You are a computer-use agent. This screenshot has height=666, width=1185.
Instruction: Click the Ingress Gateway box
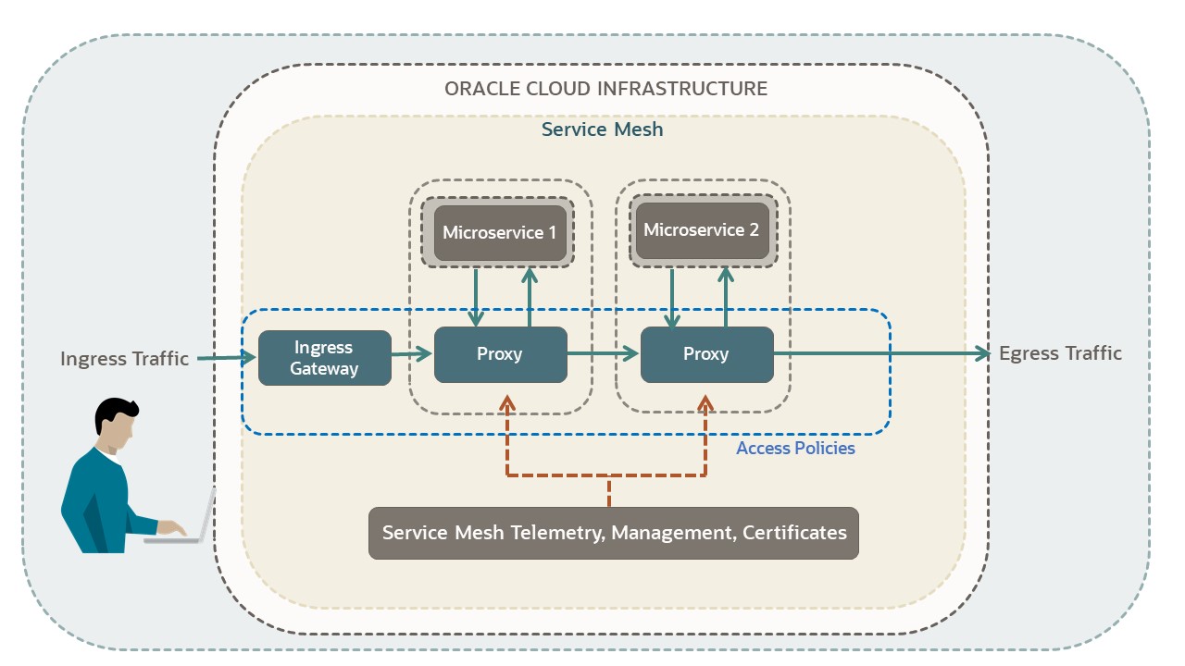[324, 358]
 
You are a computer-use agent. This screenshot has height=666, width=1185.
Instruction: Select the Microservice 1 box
[500, 232]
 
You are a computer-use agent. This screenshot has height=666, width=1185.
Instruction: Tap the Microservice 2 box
[702, 230]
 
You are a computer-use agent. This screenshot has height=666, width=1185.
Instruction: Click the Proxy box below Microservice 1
[500, 354]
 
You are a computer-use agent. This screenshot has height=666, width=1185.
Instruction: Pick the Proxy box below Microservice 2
[706, 354]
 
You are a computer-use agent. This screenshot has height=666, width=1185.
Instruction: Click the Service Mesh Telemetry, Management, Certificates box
[614, 533]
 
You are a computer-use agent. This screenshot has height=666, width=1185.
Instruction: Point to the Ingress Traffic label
[124, 358]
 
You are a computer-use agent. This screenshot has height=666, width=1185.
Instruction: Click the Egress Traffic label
[1060, 353]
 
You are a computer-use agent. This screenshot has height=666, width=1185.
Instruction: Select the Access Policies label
[795, 449]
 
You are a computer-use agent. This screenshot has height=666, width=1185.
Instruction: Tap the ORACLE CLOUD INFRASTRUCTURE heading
[605, 89]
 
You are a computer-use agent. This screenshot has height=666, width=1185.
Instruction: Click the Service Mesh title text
[602, 129]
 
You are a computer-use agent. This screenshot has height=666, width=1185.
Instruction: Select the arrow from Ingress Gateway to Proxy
[412, 353]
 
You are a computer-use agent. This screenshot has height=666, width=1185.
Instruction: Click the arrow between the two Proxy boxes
[604, 353]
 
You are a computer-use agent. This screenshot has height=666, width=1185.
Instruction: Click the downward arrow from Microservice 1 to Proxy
[476, 297]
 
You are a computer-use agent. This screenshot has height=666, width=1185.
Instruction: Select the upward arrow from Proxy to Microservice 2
[727, 296]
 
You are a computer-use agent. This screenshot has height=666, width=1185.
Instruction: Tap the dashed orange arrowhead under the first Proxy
[506, 402]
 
